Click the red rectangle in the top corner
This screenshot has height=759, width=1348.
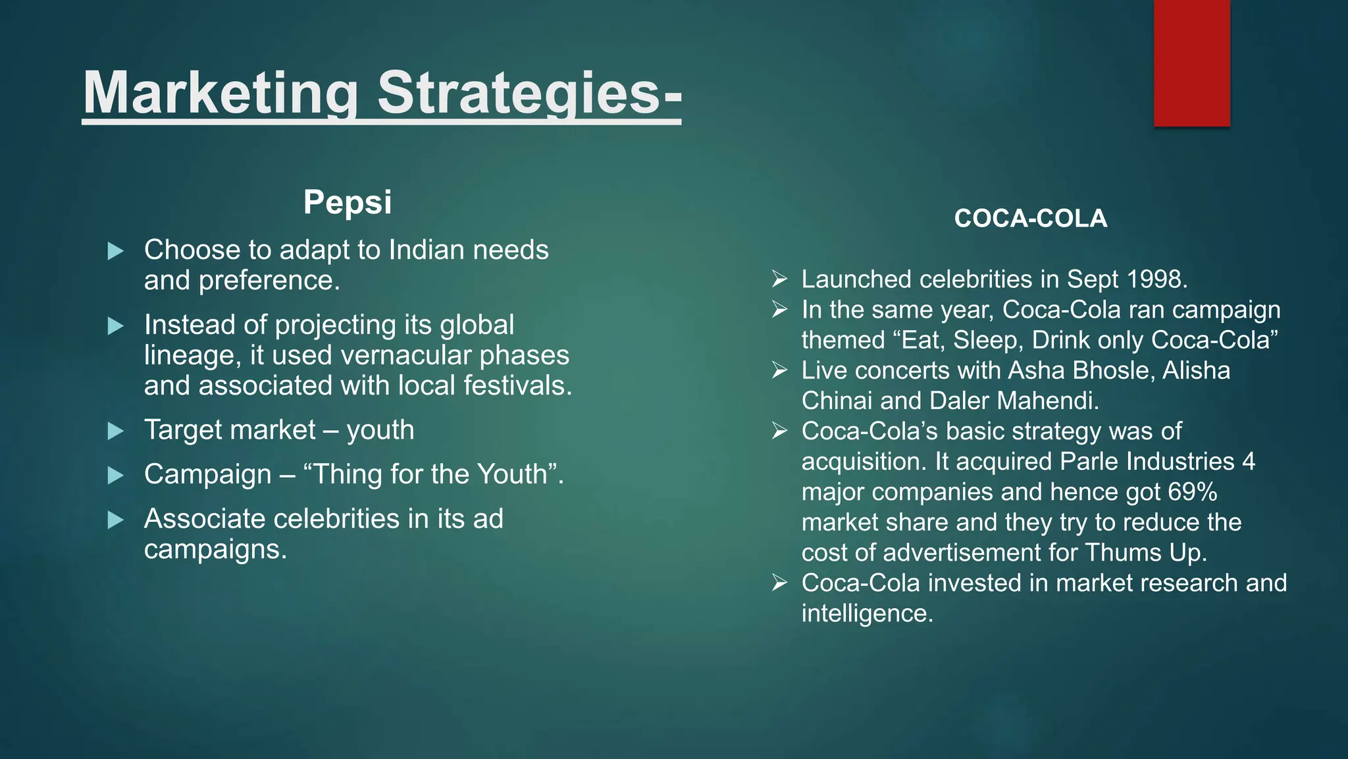pos(1191,63)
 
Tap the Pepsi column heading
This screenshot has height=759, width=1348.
pos(348,202)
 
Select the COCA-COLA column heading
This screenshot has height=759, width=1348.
pos(1031,219)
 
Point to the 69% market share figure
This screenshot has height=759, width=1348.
pos(1192,492)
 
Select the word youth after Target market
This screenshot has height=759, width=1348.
pos(380,430)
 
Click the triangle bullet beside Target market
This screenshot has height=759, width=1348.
pos(116,432)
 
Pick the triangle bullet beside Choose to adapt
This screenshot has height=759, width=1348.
pos(116,251)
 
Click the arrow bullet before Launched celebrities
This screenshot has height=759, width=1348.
pos(780,279)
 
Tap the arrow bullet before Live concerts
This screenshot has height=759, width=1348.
pos(780,370)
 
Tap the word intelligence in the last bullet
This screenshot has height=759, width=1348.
pos(867,614)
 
